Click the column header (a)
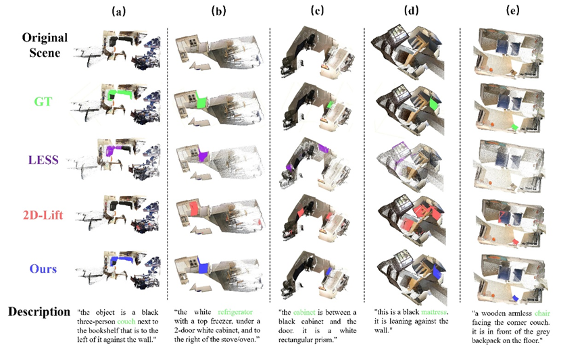(119, 11)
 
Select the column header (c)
(317, 11)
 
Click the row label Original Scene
(45, 45)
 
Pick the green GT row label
(43, 101)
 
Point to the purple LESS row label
(43, 159)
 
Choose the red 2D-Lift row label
(43, 215)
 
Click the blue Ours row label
(43, 269)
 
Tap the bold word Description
(39, 311)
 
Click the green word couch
(126, 322)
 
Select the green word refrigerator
(235, 312)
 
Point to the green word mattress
(434, 312)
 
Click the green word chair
(542, 313)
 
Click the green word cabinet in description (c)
(304, 312)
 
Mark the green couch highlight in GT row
(119, 95)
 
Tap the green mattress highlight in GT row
(434, 103)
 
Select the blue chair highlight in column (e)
(516, 299)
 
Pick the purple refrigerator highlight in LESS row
(202, 154)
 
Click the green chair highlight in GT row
(515, 128)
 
